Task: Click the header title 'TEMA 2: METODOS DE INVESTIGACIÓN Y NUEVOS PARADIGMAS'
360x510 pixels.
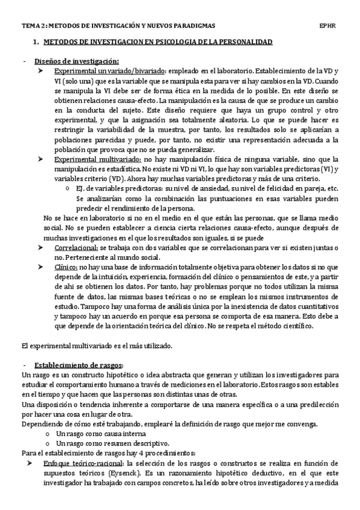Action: (x=118, y=26)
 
